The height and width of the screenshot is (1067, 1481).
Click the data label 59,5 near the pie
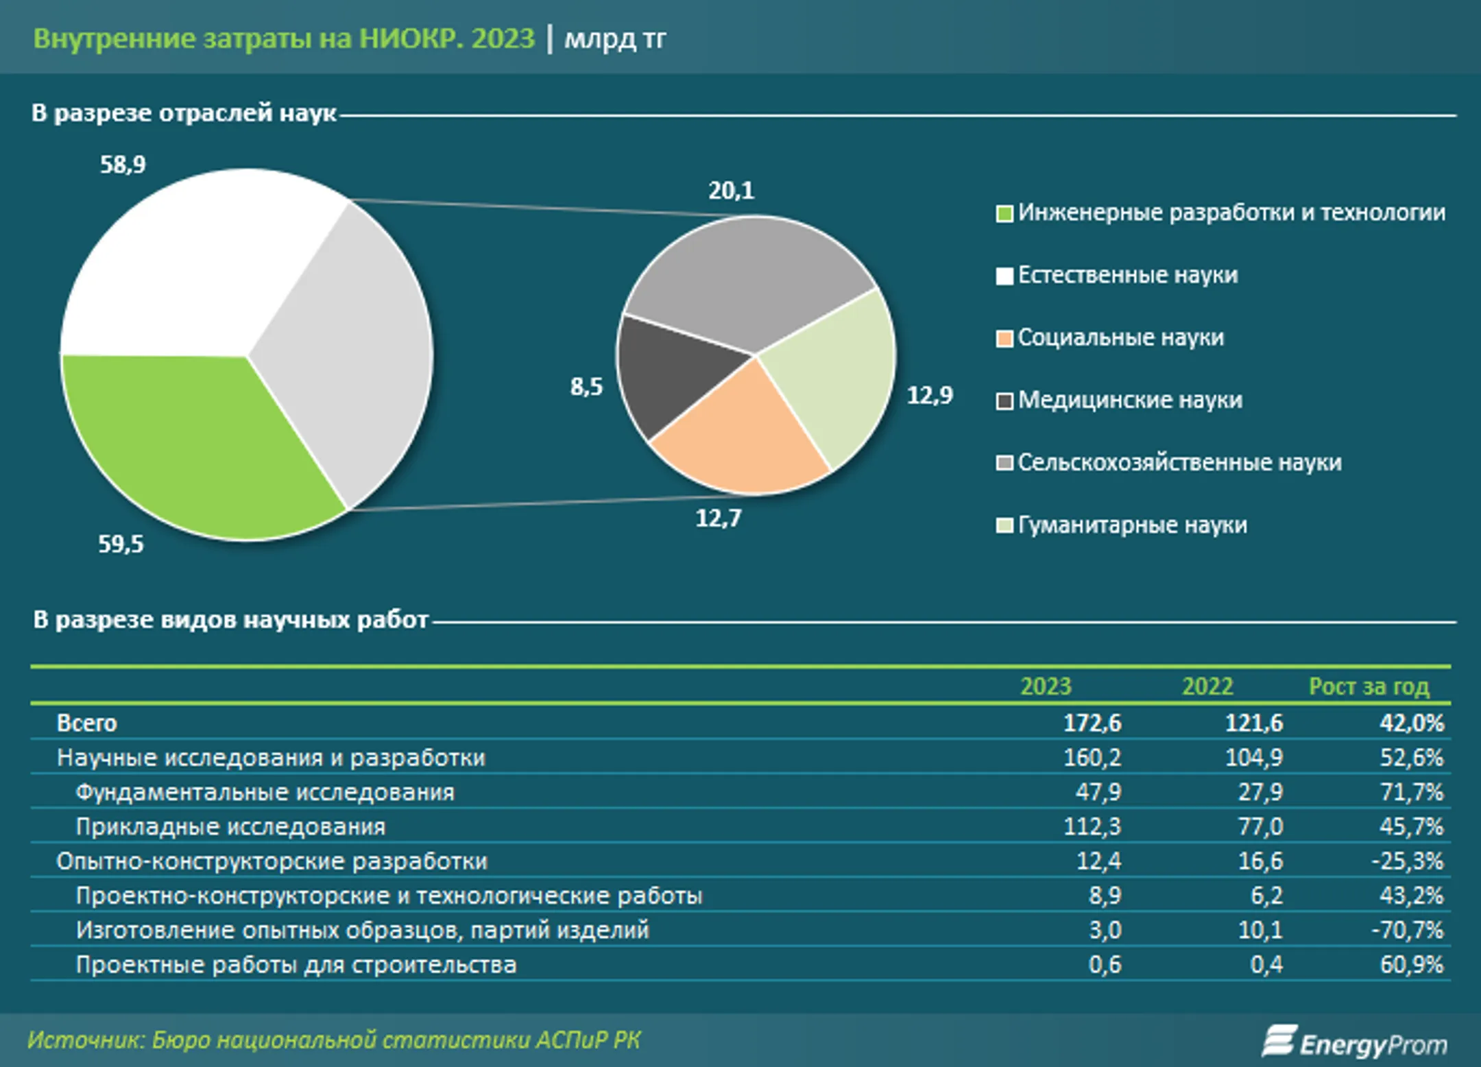click(x=121, y=544)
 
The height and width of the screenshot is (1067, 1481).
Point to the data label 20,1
click(x=731, y=191)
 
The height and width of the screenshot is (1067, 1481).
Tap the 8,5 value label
click(x=586, y=387)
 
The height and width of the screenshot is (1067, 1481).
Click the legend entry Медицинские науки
click(x=1130, y=400)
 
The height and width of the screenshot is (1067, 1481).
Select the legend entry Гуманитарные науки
click(x=1132, y=525)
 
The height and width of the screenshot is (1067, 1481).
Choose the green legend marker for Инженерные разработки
click(x=1004, y=214)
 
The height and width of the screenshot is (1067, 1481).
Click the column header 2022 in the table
click(x=1207, y=686)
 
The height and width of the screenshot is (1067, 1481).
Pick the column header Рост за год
click(x=1369, y=686)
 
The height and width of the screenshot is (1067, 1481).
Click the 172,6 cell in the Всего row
click(x=1092, y=723)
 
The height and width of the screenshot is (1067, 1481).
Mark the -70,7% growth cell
click(x=1408, y=931)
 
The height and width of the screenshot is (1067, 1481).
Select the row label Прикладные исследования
click(x=230, y=827)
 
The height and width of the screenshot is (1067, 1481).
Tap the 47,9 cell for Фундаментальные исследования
click(x=1098, y=792)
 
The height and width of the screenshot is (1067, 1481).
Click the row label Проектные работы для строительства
click(x=296, y=965)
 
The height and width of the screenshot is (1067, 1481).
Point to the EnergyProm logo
click(x=1354, y=1042)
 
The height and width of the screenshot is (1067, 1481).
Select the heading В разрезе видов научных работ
click(x=231, y=620)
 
